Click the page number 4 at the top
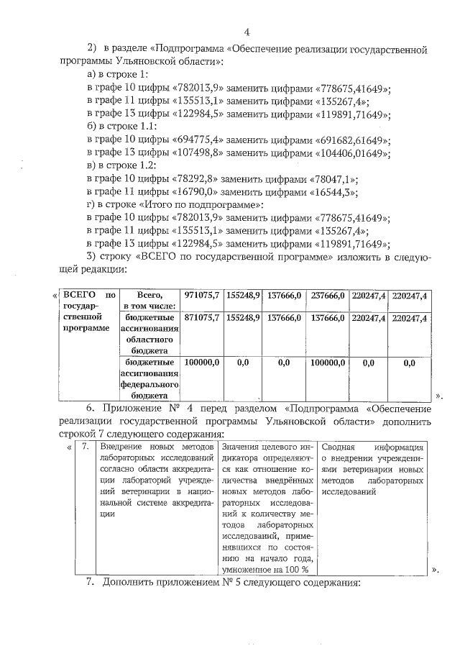[247, 32]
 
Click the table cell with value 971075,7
[202, 296]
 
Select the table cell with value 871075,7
[202, 318]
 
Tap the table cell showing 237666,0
[328, 296]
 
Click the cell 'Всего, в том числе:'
[148, 301]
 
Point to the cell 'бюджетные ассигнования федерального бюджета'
[148, 379]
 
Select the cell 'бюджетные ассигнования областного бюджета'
[148, 334]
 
